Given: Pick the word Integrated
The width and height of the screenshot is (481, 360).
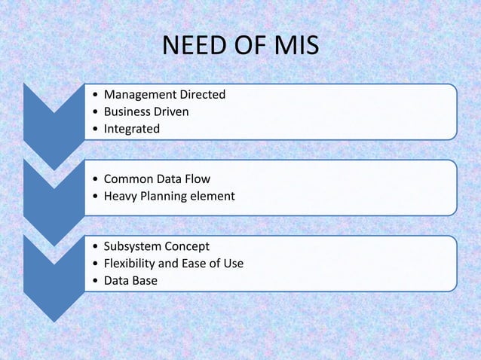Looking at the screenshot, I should tap(131, 129).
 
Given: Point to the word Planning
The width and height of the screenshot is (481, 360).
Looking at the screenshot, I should tap(164, 197).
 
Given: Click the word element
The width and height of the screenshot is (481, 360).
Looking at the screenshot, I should tap(213, 196).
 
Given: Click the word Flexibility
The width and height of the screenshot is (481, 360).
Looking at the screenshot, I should tap(130, 264).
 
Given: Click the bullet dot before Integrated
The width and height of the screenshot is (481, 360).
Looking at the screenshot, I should tap(93, 130).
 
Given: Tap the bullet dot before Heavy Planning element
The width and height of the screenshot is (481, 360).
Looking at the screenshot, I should tap(93, 197).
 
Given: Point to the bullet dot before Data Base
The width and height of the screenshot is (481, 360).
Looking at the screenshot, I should tap(93, 281).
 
